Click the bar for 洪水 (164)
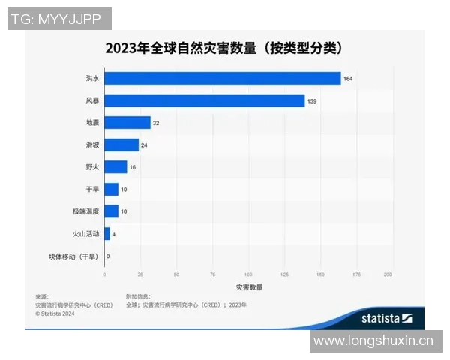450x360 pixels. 222,78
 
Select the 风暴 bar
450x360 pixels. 204,100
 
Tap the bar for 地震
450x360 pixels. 127,123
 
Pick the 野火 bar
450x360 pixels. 115,167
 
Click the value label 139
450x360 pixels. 312,100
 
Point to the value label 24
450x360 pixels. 144,145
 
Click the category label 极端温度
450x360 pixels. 85,211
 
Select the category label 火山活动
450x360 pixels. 85,234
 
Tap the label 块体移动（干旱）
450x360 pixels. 73,256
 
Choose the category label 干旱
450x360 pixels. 91,190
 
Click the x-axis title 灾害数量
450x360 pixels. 248,287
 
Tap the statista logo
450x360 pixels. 387,318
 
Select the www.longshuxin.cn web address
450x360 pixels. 373,341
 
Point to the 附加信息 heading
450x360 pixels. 138,297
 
